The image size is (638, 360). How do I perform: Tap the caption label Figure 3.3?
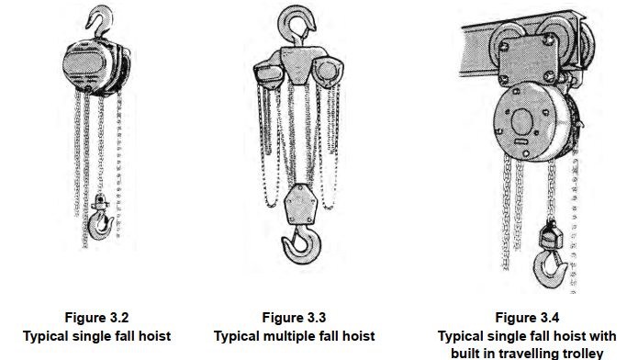click(294, 318)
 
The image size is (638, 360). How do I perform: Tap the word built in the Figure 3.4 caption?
click(464, 353)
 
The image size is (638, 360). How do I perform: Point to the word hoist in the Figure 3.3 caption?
click(358, 335)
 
